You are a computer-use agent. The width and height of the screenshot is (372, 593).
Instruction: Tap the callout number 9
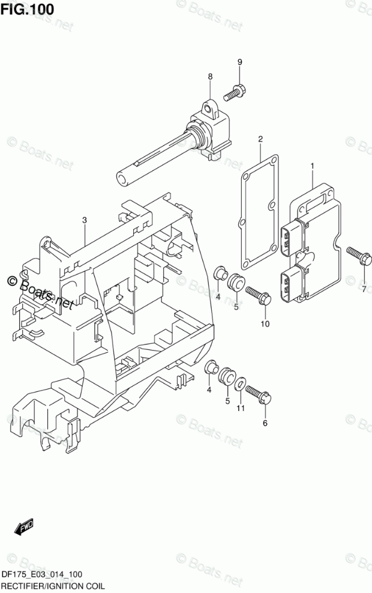pos(239,62)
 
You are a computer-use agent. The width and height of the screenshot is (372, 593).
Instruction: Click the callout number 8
pos(211,76)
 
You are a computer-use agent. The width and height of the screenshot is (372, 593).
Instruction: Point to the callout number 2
pos(261,140)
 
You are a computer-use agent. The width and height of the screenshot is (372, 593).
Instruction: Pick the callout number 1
pos(312,166)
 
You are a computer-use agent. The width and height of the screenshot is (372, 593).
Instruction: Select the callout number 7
pos(363,289)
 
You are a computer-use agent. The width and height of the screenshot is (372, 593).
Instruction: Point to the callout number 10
pos(265,324)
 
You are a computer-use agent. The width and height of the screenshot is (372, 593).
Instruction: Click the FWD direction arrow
pos(24,528)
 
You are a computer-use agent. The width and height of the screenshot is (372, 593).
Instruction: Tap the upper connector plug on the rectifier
pos(293,236)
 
